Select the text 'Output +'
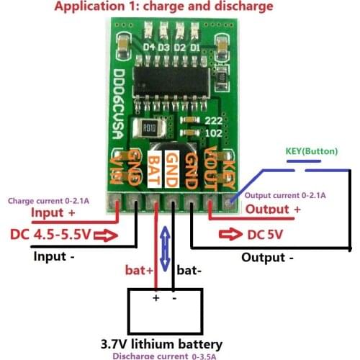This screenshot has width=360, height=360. point(274,209)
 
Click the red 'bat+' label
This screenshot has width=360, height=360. point(139,271)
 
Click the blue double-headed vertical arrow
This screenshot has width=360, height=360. point(166,248)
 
